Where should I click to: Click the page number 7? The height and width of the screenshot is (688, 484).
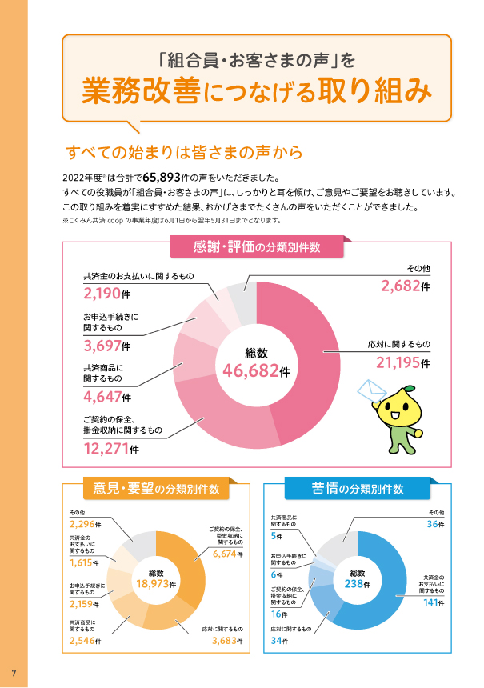[14, 670]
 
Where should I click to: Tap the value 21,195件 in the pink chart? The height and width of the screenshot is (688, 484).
[403, 363]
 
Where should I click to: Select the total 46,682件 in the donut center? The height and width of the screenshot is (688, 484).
[256, 370]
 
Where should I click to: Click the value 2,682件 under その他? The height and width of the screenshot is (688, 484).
[405, 286]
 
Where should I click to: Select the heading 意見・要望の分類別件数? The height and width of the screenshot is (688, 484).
[155, 488]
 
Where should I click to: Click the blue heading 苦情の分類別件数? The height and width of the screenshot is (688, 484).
[356, 488]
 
